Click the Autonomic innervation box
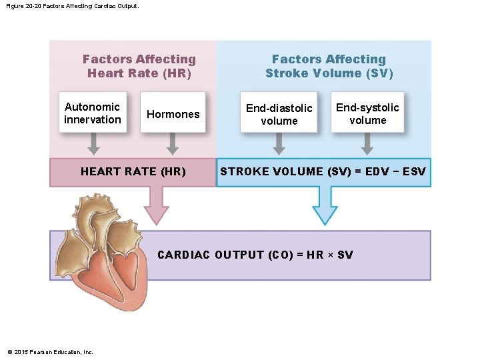click(93, 113)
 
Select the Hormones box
click(173, 113)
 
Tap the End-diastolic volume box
click(279, 114)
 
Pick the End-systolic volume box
click(367, 113)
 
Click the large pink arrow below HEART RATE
click(157, 204)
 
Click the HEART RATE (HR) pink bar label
click(133, 172)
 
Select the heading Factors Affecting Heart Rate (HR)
click(139, 66)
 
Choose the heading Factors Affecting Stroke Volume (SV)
click(329, 66)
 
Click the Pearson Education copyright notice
click(50, 352)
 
